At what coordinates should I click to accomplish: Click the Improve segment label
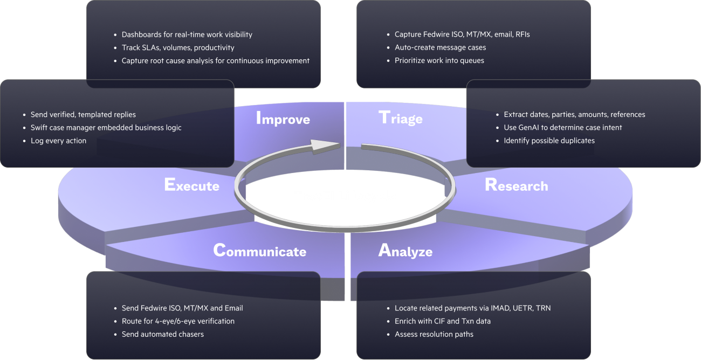[x=283, y=118]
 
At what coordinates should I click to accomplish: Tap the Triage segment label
[x=401, y=117]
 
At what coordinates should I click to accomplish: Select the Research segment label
[x=516, y=185]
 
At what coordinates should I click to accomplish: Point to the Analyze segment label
[x=406, y=251]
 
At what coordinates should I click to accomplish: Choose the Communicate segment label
[x=260, y=251]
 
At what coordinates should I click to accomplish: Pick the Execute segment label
[x=191, y=185]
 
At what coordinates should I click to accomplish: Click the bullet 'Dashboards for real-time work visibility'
[x=187, y=34]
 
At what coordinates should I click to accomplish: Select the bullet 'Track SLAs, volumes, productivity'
[x=178, y=47]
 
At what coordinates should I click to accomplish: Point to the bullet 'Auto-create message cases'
[x=440, y=47]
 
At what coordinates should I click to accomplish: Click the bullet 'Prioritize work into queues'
[x=439, y=60]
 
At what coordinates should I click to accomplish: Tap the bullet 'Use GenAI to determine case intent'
[x=562, y=128]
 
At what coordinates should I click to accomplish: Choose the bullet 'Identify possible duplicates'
[x=549, y=141]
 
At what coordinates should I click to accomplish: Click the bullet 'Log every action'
[x=58, y=141]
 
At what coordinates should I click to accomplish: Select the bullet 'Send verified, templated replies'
[x=83, y=115]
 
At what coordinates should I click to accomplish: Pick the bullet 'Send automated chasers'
[x=162, y=334]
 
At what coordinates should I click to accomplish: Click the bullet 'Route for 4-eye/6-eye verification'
[x=178, y=321]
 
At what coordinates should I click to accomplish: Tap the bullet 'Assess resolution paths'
[x=434, y=334]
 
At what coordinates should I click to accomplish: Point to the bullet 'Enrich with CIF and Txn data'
[x=442, y=321]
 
